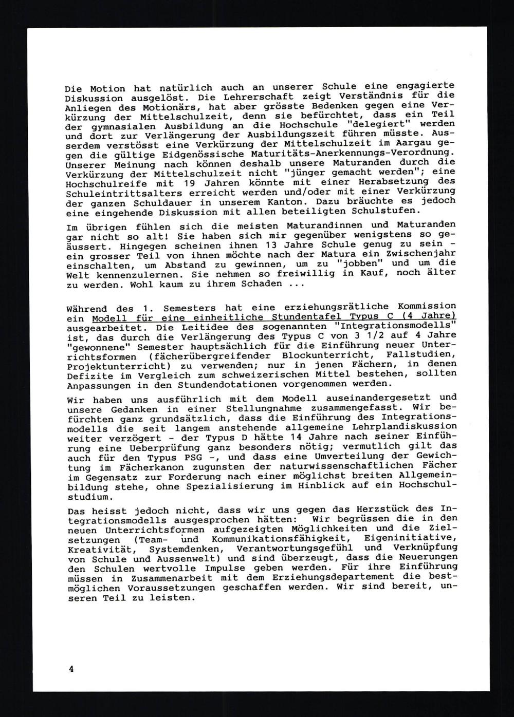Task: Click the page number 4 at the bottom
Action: click(x=71, y=668)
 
